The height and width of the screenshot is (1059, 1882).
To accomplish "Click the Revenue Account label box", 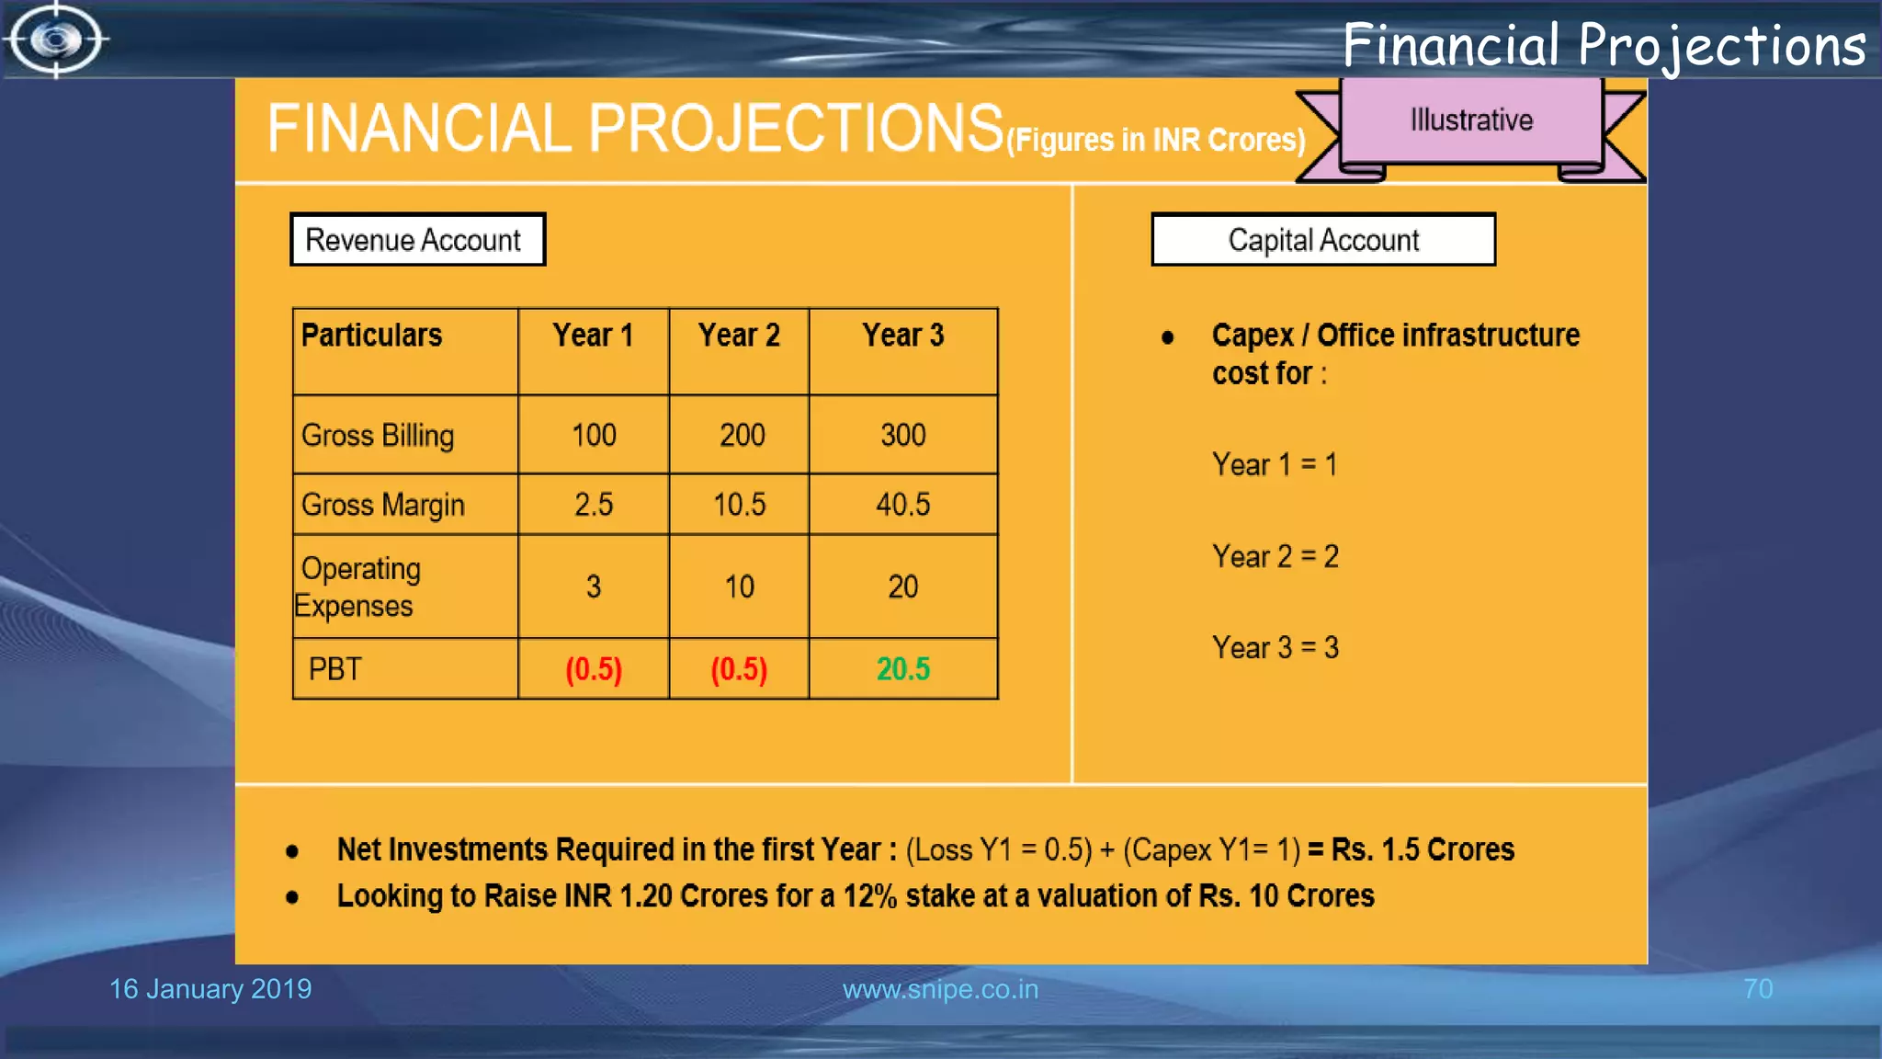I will [417, 240].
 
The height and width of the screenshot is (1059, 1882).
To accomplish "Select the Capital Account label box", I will [1322, 240].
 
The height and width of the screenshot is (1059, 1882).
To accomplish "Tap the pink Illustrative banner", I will [1470, 120].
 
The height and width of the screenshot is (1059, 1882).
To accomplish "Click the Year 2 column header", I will [739, 336].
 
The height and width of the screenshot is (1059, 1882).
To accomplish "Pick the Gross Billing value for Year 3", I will [902, 435].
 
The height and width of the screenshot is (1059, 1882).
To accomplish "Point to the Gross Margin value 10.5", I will [739, 505].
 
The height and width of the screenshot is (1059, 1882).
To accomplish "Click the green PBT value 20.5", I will [902, 669].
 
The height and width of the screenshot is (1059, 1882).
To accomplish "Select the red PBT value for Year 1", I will [594, 669].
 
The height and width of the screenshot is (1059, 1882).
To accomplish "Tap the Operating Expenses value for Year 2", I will [739, 586].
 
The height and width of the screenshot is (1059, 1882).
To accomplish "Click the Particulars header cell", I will [372, 336].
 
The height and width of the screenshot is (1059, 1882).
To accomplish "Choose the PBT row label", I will [335, 669].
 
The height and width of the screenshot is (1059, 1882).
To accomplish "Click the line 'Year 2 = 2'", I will [1275, 556].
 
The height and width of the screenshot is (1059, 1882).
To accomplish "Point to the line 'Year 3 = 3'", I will [1275, 648].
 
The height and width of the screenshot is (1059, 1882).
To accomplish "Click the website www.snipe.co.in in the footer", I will [940, 989].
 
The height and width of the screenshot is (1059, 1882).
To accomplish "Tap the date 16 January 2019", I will [210, 989].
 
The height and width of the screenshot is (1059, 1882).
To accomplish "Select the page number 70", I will [1757, 989].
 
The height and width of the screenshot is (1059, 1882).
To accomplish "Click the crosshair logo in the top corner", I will [56, 40].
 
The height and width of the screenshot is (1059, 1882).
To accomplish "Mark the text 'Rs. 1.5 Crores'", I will [1423, 849].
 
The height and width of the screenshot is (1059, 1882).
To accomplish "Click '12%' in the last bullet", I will [869, 896].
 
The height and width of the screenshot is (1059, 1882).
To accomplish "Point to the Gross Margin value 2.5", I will [594, 505].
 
